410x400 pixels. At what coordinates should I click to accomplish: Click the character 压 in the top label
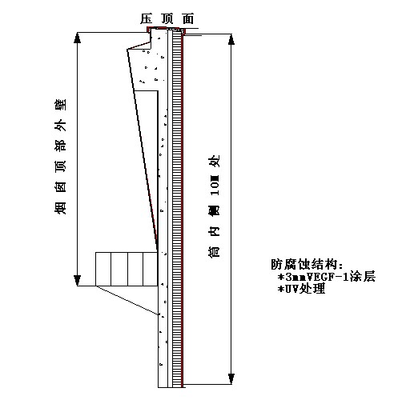coord(147,18)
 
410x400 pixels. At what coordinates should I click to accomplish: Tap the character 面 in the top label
coord(188,18)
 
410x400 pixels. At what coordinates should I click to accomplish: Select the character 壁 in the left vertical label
coord(60,105)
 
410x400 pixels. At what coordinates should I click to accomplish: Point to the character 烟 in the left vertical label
coord(60,208)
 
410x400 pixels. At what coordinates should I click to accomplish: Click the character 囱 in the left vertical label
coord(60,187)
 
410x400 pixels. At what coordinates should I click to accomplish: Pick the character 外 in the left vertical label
coord(60,126)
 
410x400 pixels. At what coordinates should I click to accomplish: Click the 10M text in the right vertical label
coord(215,185)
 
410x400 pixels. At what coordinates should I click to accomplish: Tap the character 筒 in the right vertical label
coord(214,251)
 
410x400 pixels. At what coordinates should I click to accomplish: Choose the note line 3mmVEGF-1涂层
coord(327,277)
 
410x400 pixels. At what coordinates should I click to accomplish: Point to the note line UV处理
coord(301,289)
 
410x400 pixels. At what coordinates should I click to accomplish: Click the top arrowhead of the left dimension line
coord(78,38)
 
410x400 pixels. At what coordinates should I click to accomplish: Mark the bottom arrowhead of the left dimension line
coord(78,281)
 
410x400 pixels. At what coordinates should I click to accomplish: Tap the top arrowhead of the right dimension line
coord(231,39)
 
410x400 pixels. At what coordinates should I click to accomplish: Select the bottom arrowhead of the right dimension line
coord(231,379)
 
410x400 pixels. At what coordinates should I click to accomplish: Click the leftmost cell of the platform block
coord(103,269)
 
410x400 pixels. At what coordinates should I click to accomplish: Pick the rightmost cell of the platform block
coord(150,269)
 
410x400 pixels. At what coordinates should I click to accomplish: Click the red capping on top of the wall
coord(166,28)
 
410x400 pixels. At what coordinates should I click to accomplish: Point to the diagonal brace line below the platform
coord(127,301)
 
